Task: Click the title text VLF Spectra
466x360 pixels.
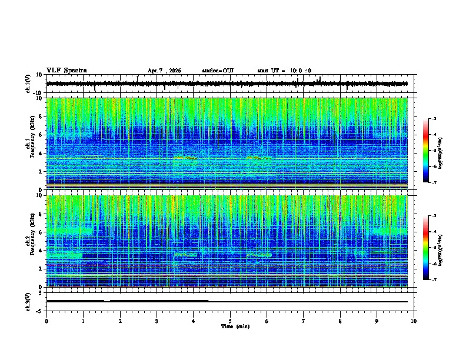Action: [66, 71]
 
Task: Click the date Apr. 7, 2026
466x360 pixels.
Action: [164, 71]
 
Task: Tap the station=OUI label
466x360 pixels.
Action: [218, 71]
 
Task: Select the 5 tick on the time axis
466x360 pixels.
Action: [230, 321]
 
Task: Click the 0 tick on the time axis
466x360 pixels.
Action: [46, 321]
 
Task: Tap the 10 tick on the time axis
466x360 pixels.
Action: [414, 321]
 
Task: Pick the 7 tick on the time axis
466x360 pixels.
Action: [304, 321]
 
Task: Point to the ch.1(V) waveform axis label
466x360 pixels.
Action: [28, 84]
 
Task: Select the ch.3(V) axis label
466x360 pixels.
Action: [28, 301]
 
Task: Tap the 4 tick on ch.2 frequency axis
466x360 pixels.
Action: [41, 251]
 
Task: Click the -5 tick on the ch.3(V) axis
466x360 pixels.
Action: [40, 310]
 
